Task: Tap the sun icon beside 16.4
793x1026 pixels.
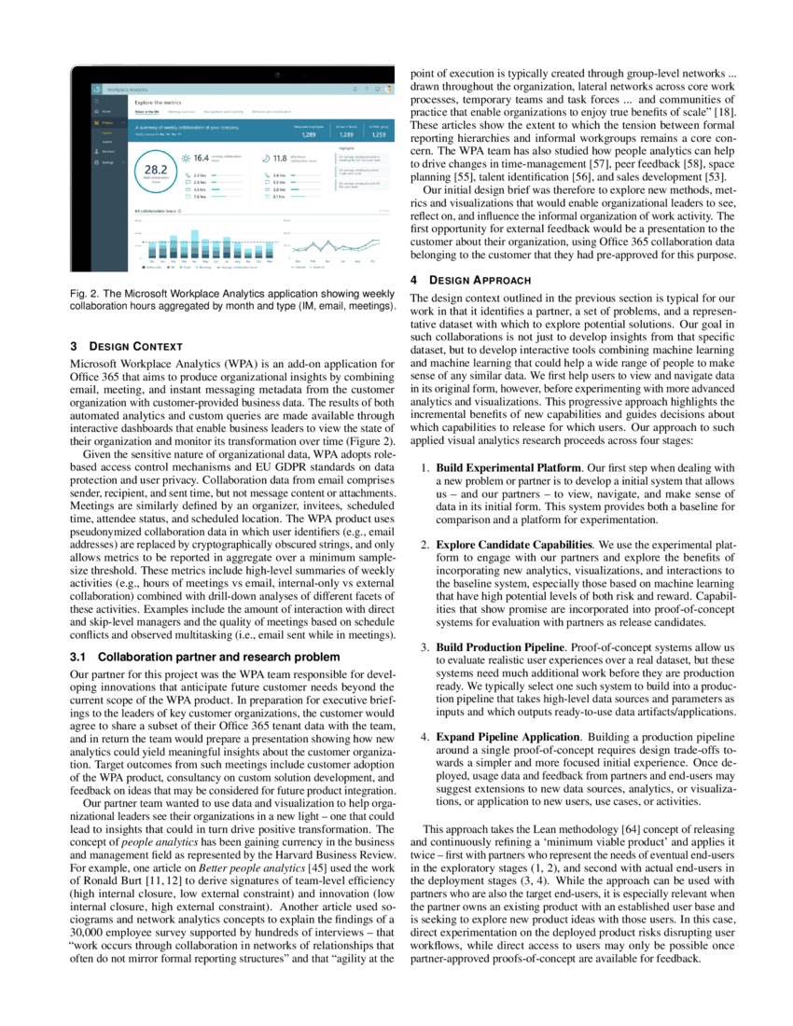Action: [185, 159]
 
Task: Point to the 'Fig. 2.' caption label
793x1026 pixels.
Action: [86, 295]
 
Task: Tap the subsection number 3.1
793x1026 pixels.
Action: [80, 657]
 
